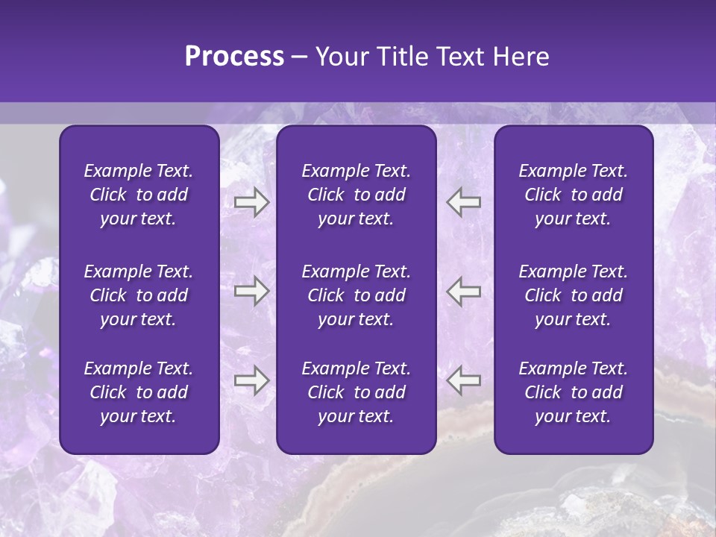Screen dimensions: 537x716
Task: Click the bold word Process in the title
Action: pos(234,57)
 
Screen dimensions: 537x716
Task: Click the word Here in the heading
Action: pos(520,57)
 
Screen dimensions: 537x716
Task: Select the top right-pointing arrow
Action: pos(251,201)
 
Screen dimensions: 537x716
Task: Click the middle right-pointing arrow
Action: pos(251,291)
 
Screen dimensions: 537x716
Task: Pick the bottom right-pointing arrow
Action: pos(251,380)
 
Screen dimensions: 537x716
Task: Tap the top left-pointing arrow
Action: pos(464,201)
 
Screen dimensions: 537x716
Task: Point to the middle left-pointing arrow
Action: pos(464,291)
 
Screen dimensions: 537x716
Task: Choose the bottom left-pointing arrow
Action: pos(464,380)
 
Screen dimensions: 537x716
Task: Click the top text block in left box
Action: pos(139,195)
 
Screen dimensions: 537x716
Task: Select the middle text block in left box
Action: pos(139,295)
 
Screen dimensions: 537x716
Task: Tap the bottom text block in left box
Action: pos(139,392)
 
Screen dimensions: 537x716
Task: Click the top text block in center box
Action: pos(356,195)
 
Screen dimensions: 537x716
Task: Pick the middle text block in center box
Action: pos(356,295)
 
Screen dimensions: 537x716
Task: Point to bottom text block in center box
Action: pos(356,392)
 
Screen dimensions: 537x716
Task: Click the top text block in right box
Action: pos(573,195)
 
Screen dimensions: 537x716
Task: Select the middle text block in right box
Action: pos(573,295)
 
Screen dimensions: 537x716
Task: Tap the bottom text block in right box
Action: pos(573,392)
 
